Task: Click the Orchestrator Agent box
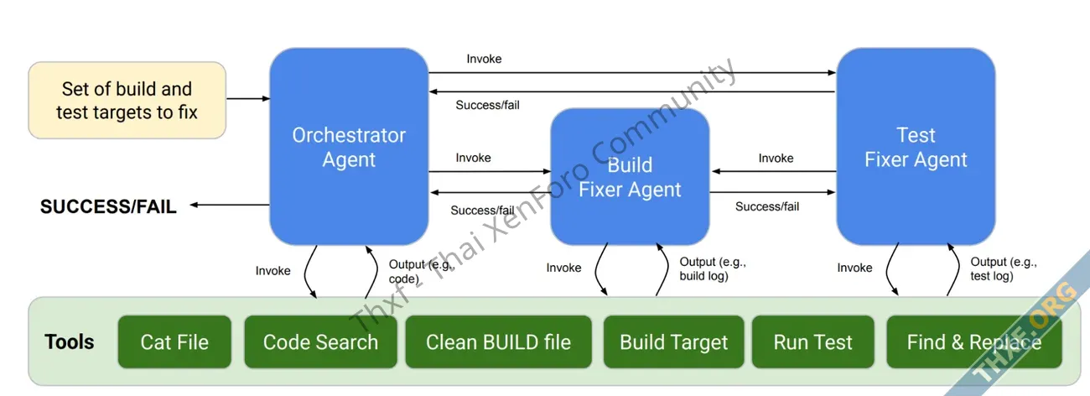click(x=349, y=147)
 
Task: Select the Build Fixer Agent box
click(x=630, y=176)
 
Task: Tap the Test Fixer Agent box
click(x=916, y=147)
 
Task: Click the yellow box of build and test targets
click(x=127, y=100)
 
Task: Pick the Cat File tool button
click(x=174, y=341)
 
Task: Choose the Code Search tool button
click(x=320, y=341)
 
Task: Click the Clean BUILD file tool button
click(x=498, y=341)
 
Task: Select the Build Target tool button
click(x=673, y=341)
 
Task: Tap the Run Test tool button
click(x=812, y=341)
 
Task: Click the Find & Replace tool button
click(x=973, y=341)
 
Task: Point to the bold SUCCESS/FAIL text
click(x=108, y=206)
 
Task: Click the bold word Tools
click(x=70, y=341)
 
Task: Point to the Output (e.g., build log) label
click(x=711, y=268)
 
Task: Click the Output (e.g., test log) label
click(x=1003, y=268)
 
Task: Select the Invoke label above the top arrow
click(x=484, y=59)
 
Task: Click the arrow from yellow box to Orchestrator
click(x=247, y=99)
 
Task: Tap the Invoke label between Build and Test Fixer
click(x=776, y=158)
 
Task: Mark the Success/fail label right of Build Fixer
click(x=766, y=206)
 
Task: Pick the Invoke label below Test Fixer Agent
click(x=854, y=268)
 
